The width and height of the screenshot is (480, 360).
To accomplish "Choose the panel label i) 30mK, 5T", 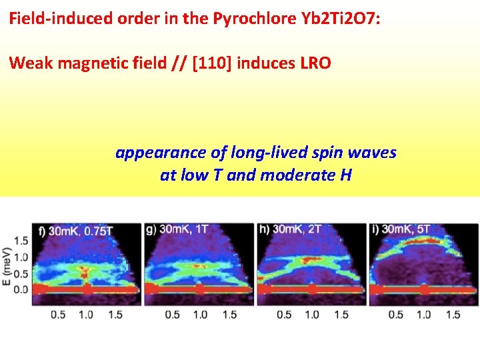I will (x=402, y=229).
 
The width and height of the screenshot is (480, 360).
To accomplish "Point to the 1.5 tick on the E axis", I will (x=21, y=240).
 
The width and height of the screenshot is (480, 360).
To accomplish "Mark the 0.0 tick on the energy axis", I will (x=21, y=289).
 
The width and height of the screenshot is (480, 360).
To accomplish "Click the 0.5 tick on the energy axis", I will (x=21, y=273).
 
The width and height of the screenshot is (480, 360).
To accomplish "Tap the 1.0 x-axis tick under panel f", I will (x=87, y=315).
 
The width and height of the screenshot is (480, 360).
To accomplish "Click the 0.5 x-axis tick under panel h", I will (x=284, y=315).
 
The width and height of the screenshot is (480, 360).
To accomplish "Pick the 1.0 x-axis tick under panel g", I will (x=199, y=315).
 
